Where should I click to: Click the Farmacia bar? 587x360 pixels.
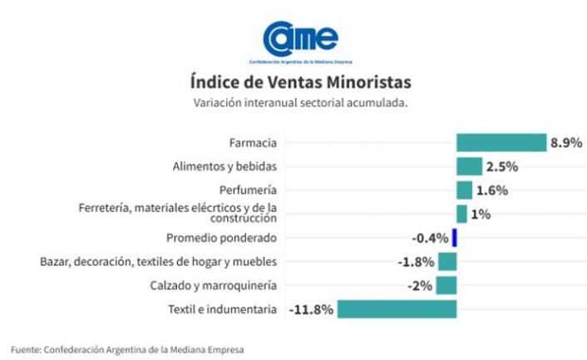point(501,142)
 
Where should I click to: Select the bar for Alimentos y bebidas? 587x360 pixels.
point(469,166)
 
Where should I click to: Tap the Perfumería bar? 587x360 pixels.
point(464,190)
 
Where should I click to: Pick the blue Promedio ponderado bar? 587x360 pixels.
point(455,238)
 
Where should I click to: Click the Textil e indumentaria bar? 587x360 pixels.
point(397,309)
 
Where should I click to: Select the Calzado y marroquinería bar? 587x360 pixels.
point(447,285)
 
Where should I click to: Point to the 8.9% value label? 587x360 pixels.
point(565,142)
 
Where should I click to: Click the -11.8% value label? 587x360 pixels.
point(311,309)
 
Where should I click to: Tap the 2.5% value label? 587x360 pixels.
point(502,166)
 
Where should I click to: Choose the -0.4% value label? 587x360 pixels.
point(430,238)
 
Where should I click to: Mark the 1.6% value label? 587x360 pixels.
point(492,190)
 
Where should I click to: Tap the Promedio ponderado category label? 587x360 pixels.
point(221,238)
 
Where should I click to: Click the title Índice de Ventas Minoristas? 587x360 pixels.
point(300,83)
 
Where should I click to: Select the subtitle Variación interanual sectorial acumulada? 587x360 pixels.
point(300,103)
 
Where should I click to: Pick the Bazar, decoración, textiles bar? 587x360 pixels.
point(447,262)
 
